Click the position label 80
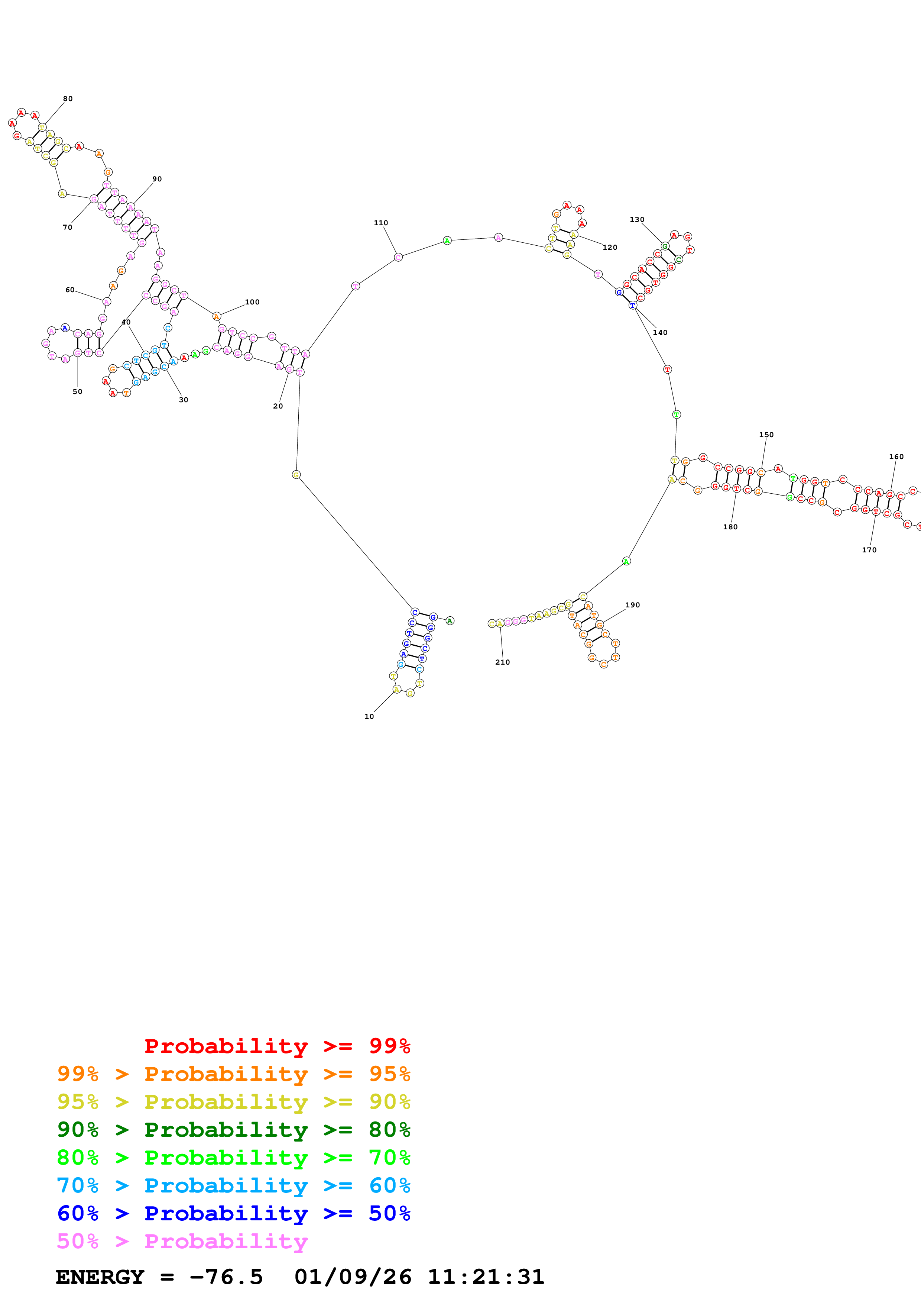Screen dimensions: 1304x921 coord(68,99)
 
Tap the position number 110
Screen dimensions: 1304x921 coord(381,223)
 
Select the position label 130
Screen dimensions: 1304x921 coord(637,220)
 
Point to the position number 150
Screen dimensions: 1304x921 coord(766,435)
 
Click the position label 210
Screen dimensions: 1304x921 coord(502,662)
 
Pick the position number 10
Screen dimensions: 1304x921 coord(369,717)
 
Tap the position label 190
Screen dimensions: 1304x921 coord(632,606)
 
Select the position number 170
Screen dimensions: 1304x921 coord(869,551)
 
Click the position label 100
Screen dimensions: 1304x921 coord(252,302)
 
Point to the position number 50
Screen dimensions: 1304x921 coord(77,392)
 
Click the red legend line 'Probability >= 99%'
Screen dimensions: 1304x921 coord(277,1046)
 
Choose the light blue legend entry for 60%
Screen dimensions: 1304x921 coord(233,1185)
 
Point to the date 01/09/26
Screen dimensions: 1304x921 coord(353,1277)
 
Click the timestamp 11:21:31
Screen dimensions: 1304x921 coord(486,1277)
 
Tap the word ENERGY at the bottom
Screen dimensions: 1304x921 coord(100,1277)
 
